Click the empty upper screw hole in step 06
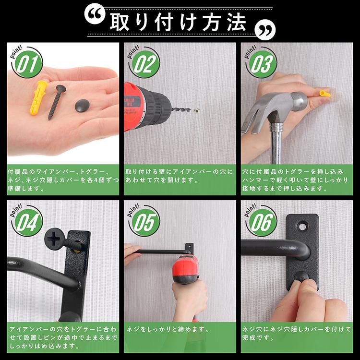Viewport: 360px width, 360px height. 303,224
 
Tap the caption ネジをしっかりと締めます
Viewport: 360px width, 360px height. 168,330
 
